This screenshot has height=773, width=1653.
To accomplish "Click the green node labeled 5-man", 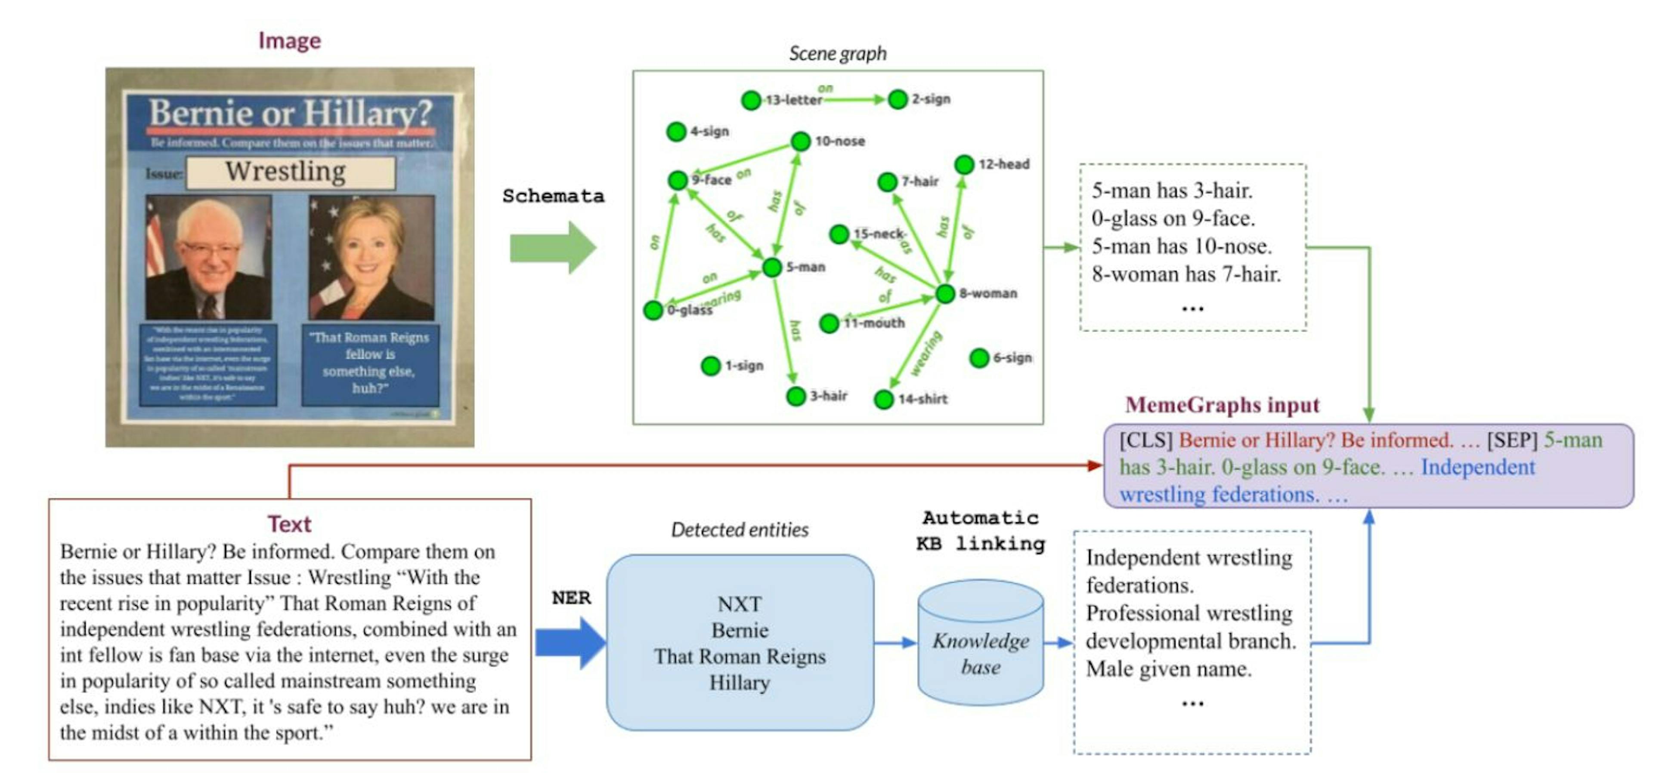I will click(772, 267).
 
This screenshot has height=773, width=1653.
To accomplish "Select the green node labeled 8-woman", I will click(945, 294).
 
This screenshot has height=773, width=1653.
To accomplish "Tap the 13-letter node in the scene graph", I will click(751, 100).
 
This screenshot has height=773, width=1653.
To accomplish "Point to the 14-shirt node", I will click(884, 399).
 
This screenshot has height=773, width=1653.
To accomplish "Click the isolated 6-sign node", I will click(979, 358).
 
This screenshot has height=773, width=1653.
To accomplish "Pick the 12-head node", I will click(964, 165).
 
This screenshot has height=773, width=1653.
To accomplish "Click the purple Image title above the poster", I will click(289, 40).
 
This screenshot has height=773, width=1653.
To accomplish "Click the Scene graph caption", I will click(837, 53).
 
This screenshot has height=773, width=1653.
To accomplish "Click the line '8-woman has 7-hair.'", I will click(1186, 274).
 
